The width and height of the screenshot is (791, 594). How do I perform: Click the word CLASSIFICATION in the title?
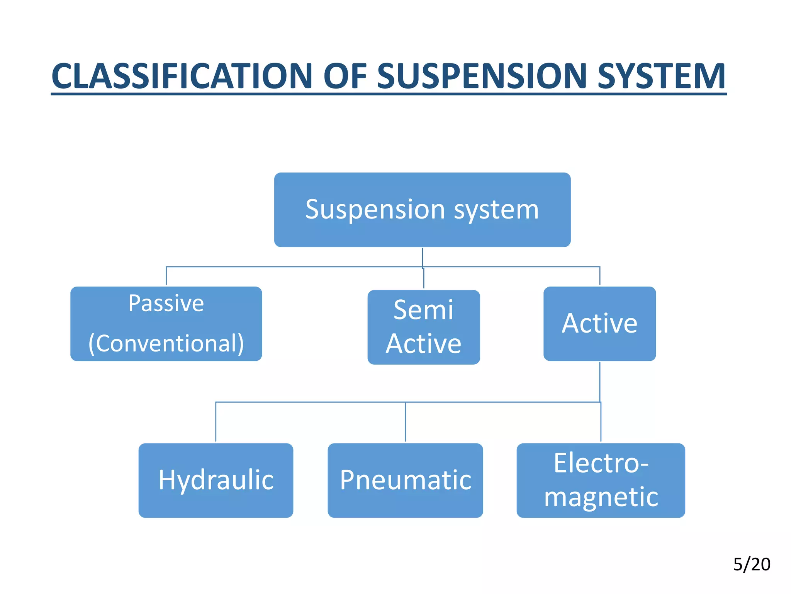tap(182, 76)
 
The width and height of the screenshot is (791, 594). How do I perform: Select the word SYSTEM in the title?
tap(661, 76)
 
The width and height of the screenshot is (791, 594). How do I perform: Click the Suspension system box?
tap(422, 210)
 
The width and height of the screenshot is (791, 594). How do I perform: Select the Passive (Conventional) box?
tap(166, 324)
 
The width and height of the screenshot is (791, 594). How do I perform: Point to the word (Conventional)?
tap(166, 343)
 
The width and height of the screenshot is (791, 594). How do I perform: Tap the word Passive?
tap(166, 303)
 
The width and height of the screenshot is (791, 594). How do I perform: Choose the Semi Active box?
tap(424, 327)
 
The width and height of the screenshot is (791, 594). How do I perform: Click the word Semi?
tap(423, 310)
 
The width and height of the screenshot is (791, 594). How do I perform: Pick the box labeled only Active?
tap(599, 324)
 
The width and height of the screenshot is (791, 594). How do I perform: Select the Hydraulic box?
tap(216, 480)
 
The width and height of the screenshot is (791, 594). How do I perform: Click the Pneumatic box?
tap(405, 480)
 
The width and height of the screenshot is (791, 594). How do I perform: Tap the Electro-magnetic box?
tap(601, 480)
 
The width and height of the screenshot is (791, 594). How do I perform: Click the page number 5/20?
tap(752, 565)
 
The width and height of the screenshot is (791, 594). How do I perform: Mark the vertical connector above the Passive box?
tap(166, 276)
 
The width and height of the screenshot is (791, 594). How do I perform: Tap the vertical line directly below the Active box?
tap(599, 381)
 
